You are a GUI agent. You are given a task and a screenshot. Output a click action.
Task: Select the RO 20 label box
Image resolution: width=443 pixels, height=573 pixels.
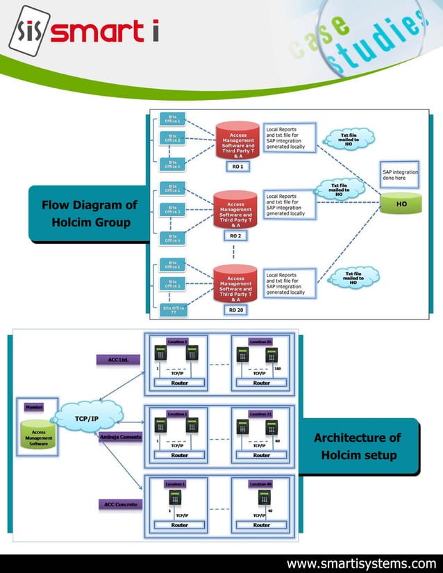(236, 309)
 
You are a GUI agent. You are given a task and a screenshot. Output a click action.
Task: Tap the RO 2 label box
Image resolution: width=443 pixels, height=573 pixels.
(235, 236)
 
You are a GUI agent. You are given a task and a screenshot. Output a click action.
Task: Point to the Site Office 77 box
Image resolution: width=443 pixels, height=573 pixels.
(172, 310)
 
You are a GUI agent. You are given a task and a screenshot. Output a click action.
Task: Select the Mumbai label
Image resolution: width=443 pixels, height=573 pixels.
(34, 406)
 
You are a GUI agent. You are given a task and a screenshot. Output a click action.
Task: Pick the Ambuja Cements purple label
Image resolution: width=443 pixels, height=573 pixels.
(121, 437)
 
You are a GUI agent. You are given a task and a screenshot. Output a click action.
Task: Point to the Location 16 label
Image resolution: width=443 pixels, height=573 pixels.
(261, 342)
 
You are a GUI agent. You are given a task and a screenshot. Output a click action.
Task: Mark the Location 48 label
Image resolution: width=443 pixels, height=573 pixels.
(261, 483)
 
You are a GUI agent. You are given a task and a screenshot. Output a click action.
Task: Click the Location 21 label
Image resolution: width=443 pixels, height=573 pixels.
(261, 414)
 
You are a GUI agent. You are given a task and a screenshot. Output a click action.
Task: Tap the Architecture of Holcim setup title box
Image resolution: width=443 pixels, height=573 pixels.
(358, 447)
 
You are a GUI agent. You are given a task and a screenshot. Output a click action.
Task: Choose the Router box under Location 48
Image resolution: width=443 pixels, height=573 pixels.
(261, 525)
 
